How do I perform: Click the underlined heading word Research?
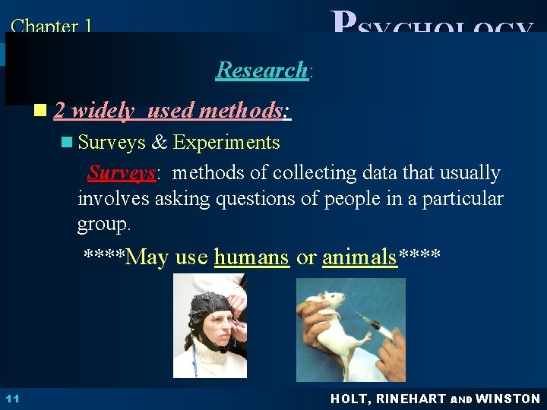261,70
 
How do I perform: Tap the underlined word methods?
240,111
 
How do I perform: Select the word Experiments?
226,142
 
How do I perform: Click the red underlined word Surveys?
122,173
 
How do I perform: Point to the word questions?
255,200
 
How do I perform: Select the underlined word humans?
251,257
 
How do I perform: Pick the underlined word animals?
359,257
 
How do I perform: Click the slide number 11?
13,399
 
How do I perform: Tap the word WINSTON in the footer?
507,399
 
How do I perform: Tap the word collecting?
291,173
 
